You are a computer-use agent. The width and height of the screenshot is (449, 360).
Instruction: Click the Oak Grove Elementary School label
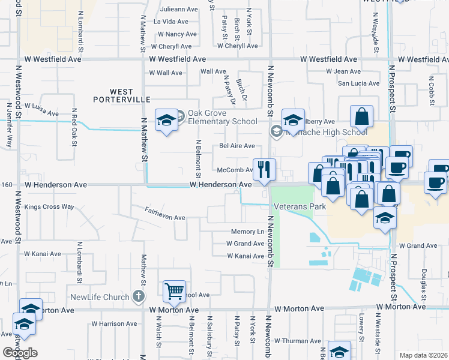tap(222, 118)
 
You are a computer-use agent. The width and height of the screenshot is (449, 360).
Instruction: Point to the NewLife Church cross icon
tap(139, 296)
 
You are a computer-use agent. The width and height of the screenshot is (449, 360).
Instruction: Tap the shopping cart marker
tap(174, 292)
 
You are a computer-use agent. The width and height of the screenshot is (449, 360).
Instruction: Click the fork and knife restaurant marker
tap(264, 170)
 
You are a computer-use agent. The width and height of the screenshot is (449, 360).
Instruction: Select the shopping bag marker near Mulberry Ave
tap(362, 116)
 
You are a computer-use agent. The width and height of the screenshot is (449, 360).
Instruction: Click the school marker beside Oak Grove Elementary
tap(166, 120)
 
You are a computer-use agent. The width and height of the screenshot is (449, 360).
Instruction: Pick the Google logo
tap(20, 353)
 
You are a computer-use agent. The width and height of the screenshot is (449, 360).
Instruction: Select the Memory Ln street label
tap(247, 232)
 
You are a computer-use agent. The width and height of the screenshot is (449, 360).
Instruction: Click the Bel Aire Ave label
tap(237, 146)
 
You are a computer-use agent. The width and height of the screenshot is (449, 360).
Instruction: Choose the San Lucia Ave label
tap(358, 83)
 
